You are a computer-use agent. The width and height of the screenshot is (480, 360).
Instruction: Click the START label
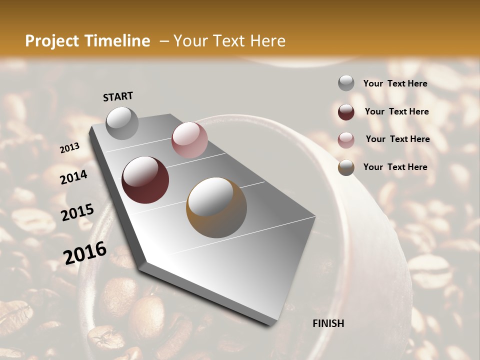(x=118, y=96)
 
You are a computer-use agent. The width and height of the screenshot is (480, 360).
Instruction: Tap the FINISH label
(x=328, y=323)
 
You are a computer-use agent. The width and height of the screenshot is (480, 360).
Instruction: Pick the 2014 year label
(x=73, y=177)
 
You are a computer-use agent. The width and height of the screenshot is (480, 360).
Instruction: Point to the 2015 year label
(x=77, y=212)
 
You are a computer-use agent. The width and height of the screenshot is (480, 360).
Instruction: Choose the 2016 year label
(x=84, y=252)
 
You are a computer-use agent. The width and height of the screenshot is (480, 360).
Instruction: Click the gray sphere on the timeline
(x=122, y=123)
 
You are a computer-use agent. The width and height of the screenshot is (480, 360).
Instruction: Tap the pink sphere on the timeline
(x=189, y=140)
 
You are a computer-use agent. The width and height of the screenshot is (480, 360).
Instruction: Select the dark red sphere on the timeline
(x=145, y=180)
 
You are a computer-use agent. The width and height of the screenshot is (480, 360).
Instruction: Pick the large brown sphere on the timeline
(x=216, y=207)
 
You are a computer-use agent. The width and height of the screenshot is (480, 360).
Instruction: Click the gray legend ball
(x=346, y=83)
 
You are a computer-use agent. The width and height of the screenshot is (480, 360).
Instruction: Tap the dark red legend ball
(x=346, y=112)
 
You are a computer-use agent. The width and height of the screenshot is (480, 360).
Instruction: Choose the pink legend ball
(x=346, y=139)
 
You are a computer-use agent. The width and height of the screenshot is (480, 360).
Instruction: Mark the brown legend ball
(x=346, y=167)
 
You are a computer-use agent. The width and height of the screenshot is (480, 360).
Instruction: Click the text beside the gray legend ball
(x=395, y=83)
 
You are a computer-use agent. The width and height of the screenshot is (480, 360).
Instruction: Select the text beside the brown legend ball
(x=395, y=167)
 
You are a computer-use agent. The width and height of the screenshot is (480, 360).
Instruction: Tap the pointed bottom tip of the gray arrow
(x=272, y=324)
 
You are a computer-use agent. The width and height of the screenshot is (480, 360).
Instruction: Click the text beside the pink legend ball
(x=397, y=139)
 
